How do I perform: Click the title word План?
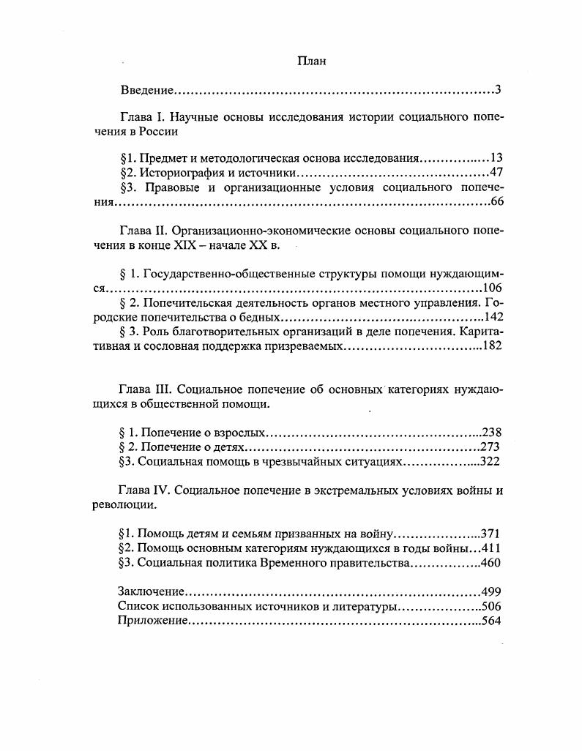coord(311,62)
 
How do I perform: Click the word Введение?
coord(146,91)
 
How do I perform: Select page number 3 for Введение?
coord(497,91)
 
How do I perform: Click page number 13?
coord(496,158)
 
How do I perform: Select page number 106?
coord(492,288)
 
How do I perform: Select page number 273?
coord(490,447)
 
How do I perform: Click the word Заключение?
coord(151,591)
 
